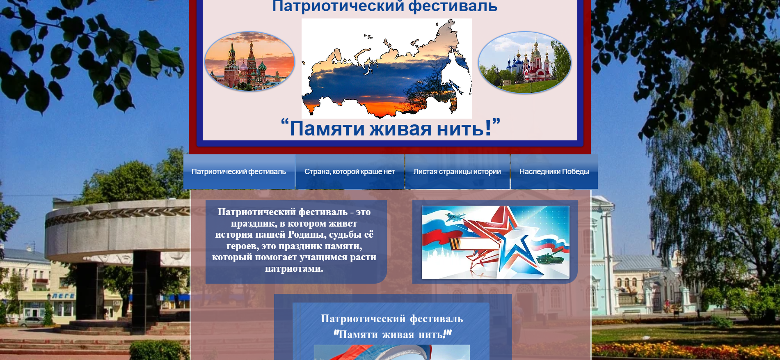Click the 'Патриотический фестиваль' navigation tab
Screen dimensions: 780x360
tap(239, 172)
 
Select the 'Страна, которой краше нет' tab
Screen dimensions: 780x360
tap(350, 172)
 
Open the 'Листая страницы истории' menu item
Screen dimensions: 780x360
tap(457, 172)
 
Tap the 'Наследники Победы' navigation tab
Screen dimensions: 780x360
tap(554, 172)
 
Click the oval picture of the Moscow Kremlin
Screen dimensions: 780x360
tap(249, 61)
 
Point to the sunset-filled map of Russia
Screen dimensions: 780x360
tap(387, 69)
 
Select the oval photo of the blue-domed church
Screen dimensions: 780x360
tap(525, 62)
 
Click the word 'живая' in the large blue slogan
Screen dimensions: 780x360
tap(400, 129)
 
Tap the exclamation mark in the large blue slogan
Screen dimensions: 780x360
tap(488, 128)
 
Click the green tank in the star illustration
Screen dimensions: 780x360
tap(550, 258)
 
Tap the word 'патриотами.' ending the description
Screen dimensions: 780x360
tap(294, 269)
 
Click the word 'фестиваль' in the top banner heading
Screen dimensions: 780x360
tap(453, 6)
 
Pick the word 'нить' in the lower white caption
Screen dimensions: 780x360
tap(431, 335)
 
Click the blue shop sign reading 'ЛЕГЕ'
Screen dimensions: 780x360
tap(64, 296)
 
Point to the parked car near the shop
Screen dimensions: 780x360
tap(31, 322)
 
